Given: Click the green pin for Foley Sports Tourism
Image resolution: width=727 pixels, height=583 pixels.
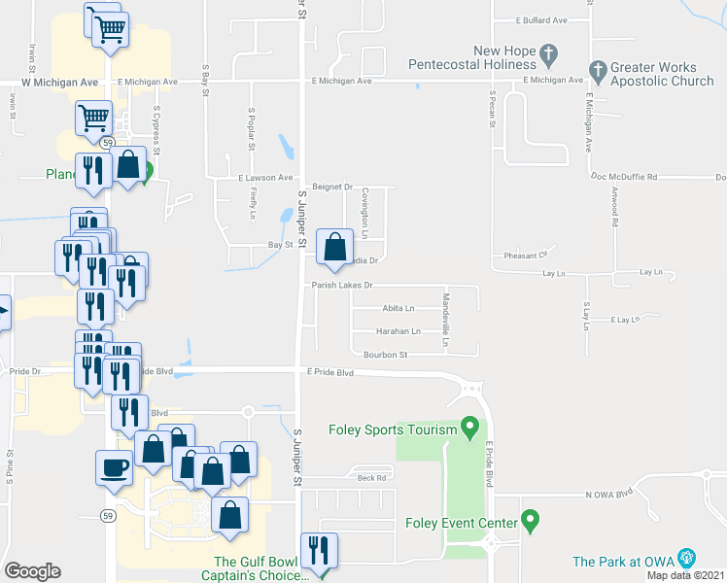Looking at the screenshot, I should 470,428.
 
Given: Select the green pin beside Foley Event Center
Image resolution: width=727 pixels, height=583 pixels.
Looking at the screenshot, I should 530,521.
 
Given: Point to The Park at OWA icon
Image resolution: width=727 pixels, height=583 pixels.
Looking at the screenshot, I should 688,558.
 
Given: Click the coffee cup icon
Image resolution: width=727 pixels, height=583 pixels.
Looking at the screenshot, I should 114,466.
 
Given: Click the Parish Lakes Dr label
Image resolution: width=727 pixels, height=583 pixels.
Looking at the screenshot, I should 342,286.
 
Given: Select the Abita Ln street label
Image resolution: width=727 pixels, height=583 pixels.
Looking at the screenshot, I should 398,308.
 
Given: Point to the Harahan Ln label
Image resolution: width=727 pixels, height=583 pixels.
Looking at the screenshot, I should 398,331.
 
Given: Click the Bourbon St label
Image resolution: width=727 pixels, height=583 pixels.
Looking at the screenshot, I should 385,355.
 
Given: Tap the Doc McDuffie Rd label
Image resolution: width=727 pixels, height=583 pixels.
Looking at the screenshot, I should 624,177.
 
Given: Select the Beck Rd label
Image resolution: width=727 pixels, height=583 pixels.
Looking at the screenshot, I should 372,478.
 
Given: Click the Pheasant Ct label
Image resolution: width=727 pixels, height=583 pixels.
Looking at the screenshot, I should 528,256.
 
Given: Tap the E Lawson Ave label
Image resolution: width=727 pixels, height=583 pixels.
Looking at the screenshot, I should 265,178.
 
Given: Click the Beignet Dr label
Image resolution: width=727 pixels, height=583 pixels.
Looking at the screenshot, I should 331,186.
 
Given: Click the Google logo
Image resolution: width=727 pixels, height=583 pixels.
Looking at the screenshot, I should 33,571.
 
